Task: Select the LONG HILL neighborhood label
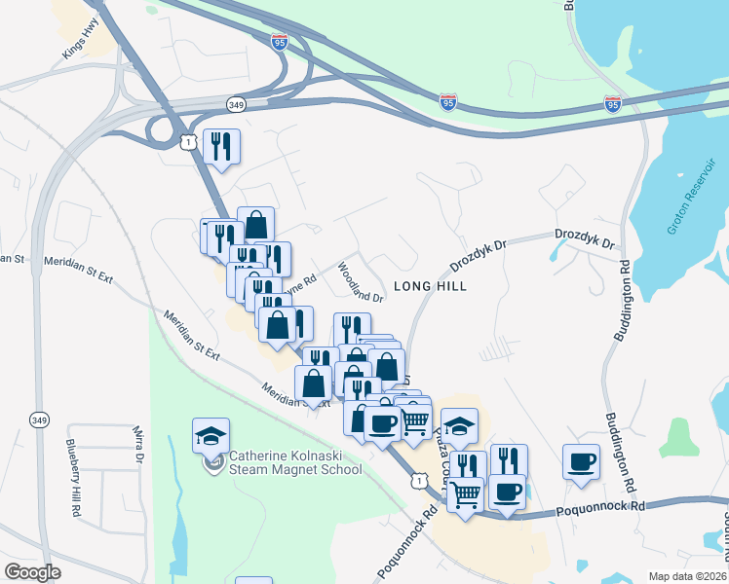tap(430, 286)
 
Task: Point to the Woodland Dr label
tap(360, 281)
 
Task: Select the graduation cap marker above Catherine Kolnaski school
tap(211, 435)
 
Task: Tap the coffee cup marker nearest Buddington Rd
tap(581, 461)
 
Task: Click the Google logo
tap(32, 572)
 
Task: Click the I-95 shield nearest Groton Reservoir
tap(613, 102)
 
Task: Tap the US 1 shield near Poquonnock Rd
tap(418, 480)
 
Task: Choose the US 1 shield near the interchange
tap(188, 142)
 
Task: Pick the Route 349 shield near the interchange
tap(235, 103)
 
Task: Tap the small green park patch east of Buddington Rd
tap(678, 437)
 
